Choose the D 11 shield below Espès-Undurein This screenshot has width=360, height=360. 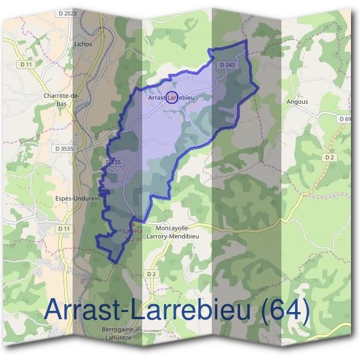[64, 229]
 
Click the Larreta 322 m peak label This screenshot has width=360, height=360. [132, 234]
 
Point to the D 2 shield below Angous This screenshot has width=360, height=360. [328, 157]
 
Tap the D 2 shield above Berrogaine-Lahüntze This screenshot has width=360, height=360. [151, 274]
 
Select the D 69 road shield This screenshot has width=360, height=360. [344, 119]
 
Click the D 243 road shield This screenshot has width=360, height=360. [227, 64]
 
